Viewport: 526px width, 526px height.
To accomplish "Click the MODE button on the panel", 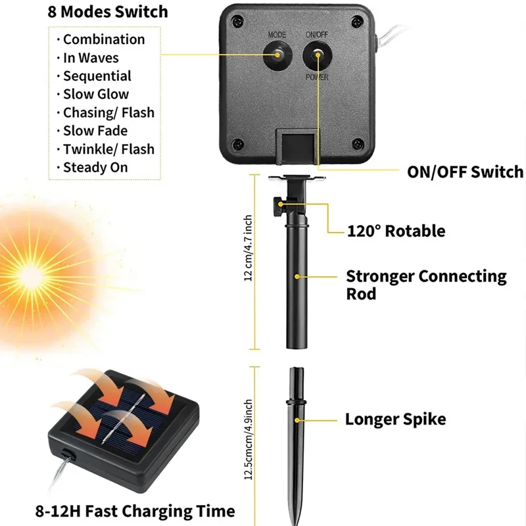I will coord(276,56).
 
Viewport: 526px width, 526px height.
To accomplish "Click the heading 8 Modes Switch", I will coord(107,12).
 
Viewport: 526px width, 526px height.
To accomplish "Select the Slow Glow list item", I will coord(96,94).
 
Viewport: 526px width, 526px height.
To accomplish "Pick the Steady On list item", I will coord(95,168).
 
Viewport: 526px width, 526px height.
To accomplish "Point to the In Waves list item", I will coord(91,58).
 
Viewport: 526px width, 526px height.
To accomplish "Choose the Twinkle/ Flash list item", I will coord(108,149).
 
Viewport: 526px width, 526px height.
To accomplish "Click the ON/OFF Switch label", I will coord(465,172).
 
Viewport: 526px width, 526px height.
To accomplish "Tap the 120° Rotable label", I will coord(396,231).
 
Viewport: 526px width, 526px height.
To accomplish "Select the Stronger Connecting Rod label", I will coord(426,284).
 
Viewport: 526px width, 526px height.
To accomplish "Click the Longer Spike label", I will coord(395,419).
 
